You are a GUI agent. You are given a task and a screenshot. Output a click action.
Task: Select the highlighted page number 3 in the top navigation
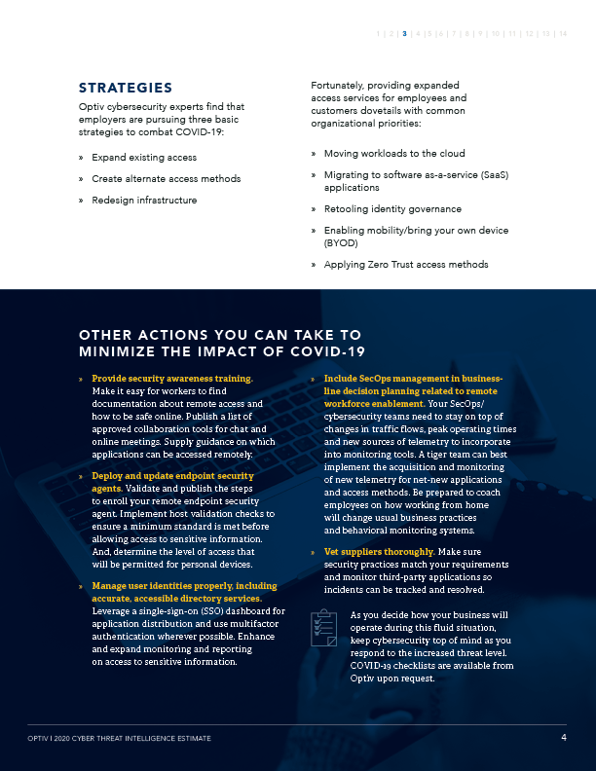[x=404, y=34]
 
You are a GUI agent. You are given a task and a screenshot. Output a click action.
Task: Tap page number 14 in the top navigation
[x=563, y=34]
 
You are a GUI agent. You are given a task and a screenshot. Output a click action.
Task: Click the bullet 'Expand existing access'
[x=144, y=157]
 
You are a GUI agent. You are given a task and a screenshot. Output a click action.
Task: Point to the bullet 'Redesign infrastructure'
[x=144, y=200]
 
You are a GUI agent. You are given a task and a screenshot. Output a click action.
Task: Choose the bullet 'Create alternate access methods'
[x=166, y=178]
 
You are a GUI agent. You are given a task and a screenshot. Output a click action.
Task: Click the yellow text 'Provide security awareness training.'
[x=172, y=378]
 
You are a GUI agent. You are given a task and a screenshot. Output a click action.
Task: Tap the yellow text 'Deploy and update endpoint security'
[x=172, y=476]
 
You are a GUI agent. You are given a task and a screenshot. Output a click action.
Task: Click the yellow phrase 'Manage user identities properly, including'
[x=184, y=587]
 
